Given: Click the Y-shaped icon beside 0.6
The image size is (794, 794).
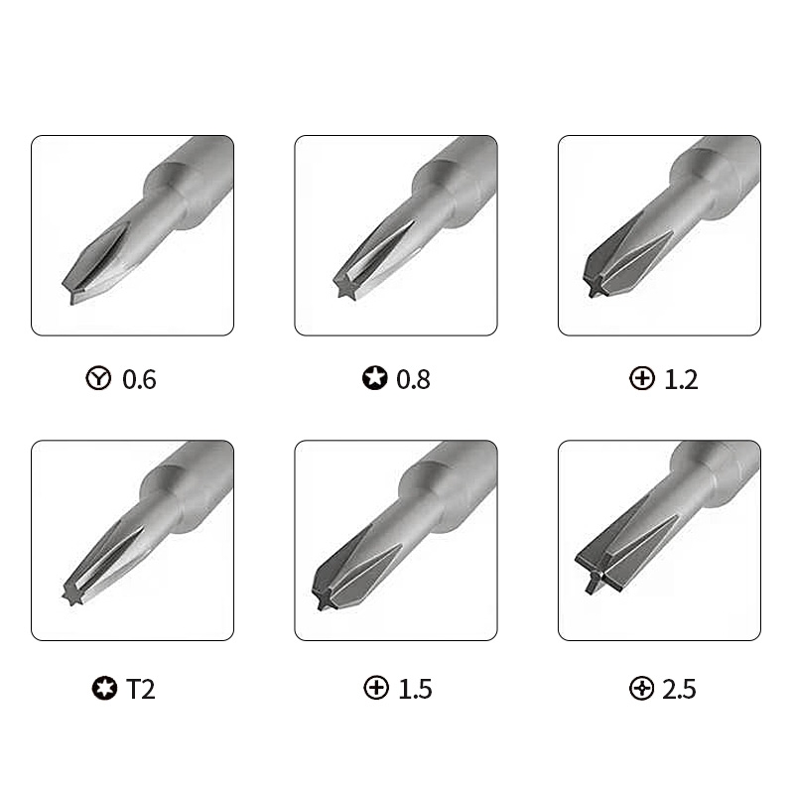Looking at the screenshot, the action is [98, 378].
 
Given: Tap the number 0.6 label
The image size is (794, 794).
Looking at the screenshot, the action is [139, 379].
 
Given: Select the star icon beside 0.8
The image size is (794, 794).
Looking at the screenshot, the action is [375, 378].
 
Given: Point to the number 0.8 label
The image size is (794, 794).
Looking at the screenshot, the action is [413, 379].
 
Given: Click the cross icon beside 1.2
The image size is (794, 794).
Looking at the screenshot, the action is [641, 378].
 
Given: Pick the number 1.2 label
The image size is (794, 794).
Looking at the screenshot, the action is [681, 379].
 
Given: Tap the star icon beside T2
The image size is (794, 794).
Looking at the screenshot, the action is [104, 688].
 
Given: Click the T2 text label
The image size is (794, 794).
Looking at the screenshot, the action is [140, 689].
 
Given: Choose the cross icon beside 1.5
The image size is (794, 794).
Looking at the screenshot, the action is [376, 688].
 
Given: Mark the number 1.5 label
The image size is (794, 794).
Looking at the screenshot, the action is [415, 689].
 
